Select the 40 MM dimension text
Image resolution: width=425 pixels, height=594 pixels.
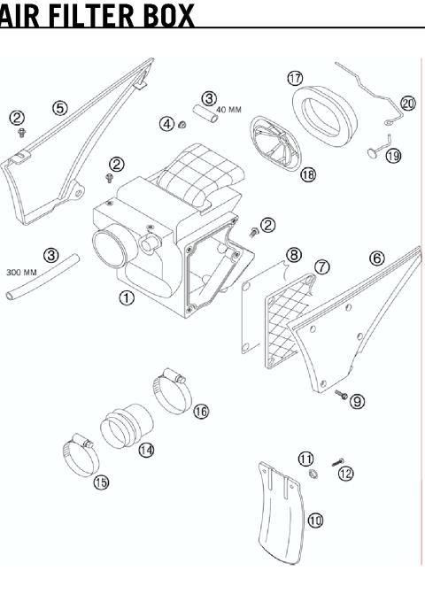click(x=228, y=110)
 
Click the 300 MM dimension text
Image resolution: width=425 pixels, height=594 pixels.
click(x=21, y=272)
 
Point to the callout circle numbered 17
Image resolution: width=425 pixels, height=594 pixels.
click(x=295, y=78)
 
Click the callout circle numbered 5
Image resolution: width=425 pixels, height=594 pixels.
click(x=60, y=108)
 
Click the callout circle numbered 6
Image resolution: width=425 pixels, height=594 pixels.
click(x=377, y=258)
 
